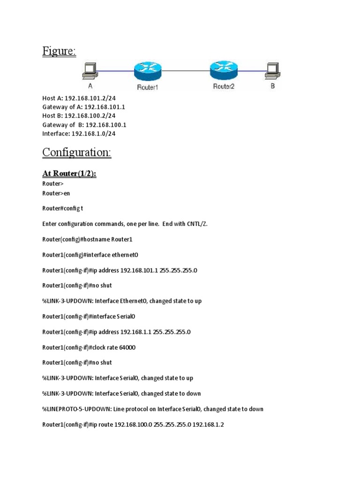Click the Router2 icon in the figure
[x=224, y=71]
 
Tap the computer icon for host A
[x=89, y=71]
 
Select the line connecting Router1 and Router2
[x=185, y=71]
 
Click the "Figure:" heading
[x=59, y=51]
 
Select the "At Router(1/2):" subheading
[x=69, y=174]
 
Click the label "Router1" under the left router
[x=148, y=87]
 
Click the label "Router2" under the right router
[x=224, y=86]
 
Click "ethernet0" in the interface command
[x=123, y=255]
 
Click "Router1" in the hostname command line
[x=122, y=240]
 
